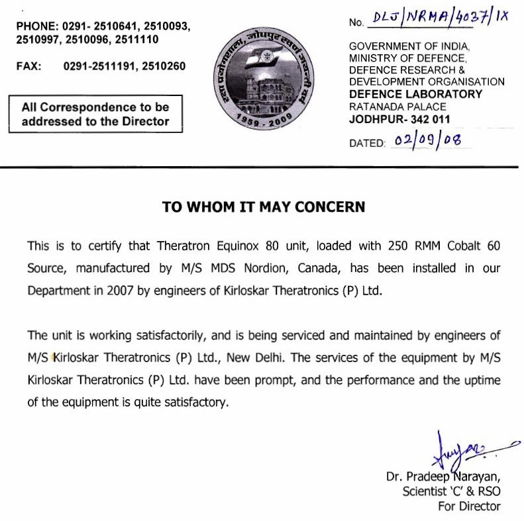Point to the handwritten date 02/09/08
pos(428,140)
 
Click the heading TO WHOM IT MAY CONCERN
pos(264,207)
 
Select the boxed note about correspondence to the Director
pos(95,114)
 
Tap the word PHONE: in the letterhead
pos(36,26)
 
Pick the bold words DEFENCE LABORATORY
pos(416,94)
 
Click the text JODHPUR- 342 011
pos(399,119)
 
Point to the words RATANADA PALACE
pos(397,107)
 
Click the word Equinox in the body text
pos(236,246)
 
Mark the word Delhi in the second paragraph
pos(270,357)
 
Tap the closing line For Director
pos(469,506)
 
